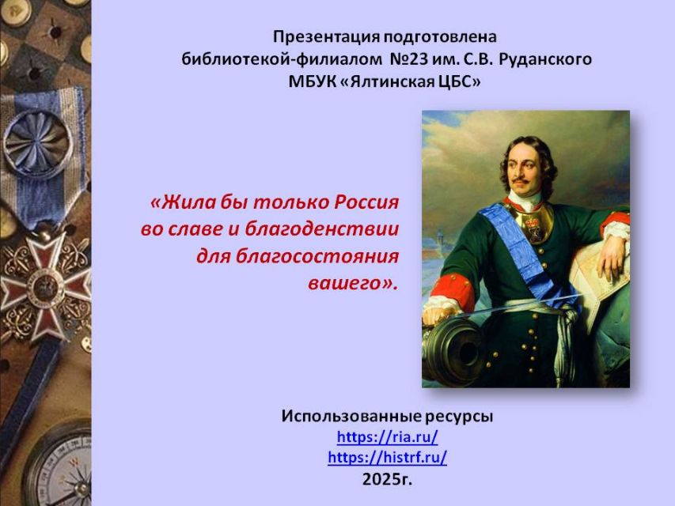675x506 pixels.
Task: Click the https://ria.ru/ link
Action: (x=388, y=437)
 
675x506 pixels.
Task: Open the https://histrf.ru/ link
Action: (x=388, y=457)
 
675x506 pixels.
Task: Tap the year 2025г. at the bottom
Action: (x=387, y=479)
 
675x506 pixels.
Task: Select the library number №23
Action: (x=408, y=59)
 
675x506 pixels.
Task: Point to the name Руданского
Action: (x=545, y=59)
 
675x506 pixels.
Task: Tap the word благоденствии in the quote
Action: (x=321, y=229)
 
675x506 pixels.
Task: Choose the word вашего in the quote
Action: (x=353, y=284)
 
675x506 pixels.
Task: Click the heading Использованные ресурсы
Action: (x=387, y=417)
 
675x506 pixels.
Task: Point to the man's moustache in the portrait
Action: (x=520, y=178)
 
